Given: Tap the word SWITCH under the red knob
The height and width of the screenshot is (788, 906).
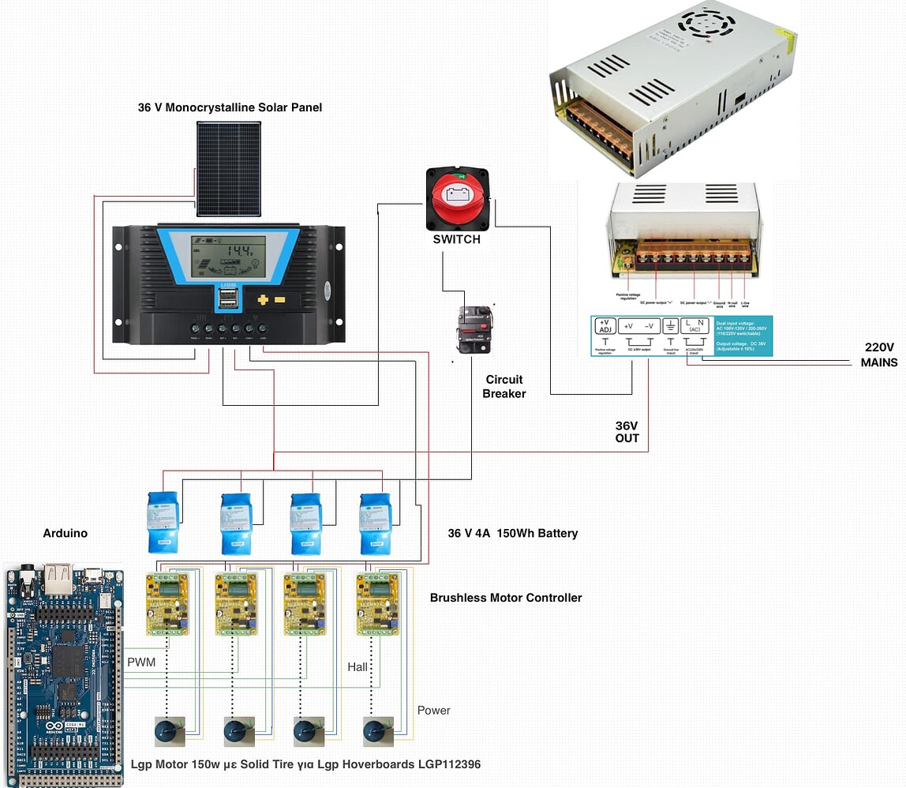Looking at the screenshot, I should point(456,239).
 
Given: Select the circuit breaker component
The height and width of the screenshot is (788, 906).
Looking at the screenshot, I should point(475,330).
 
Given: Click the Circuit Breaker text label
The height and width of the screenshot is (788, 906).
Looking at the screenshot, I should point(504,386).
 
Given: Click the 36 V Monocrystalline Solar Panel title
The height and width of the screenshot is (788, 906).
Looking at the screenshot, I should point(230,107).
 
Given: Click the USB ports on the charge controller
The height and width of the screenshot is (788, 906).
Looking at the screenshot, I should point(228,299).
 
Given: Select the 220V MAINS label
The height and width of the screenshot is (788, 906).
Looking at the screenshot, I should point(878,355).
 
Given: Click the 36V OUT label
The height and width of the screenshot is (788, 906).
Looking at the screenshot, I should point(627,431).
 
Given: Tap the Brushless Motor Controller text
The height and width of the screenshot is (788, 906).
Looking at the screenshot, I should point(506,598).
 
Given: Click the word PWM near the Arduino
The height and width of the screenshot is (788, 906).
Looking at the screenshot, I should point(141,662).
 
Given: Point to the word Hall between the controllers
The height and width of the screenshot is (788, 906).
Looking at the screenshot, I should point(358,667).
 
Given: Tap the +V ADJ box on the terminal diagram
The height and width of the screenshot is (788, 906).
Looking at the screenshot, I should point(605,326).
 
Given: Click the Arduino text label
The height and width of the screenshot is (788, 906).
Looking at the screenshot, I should point(65,533).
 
